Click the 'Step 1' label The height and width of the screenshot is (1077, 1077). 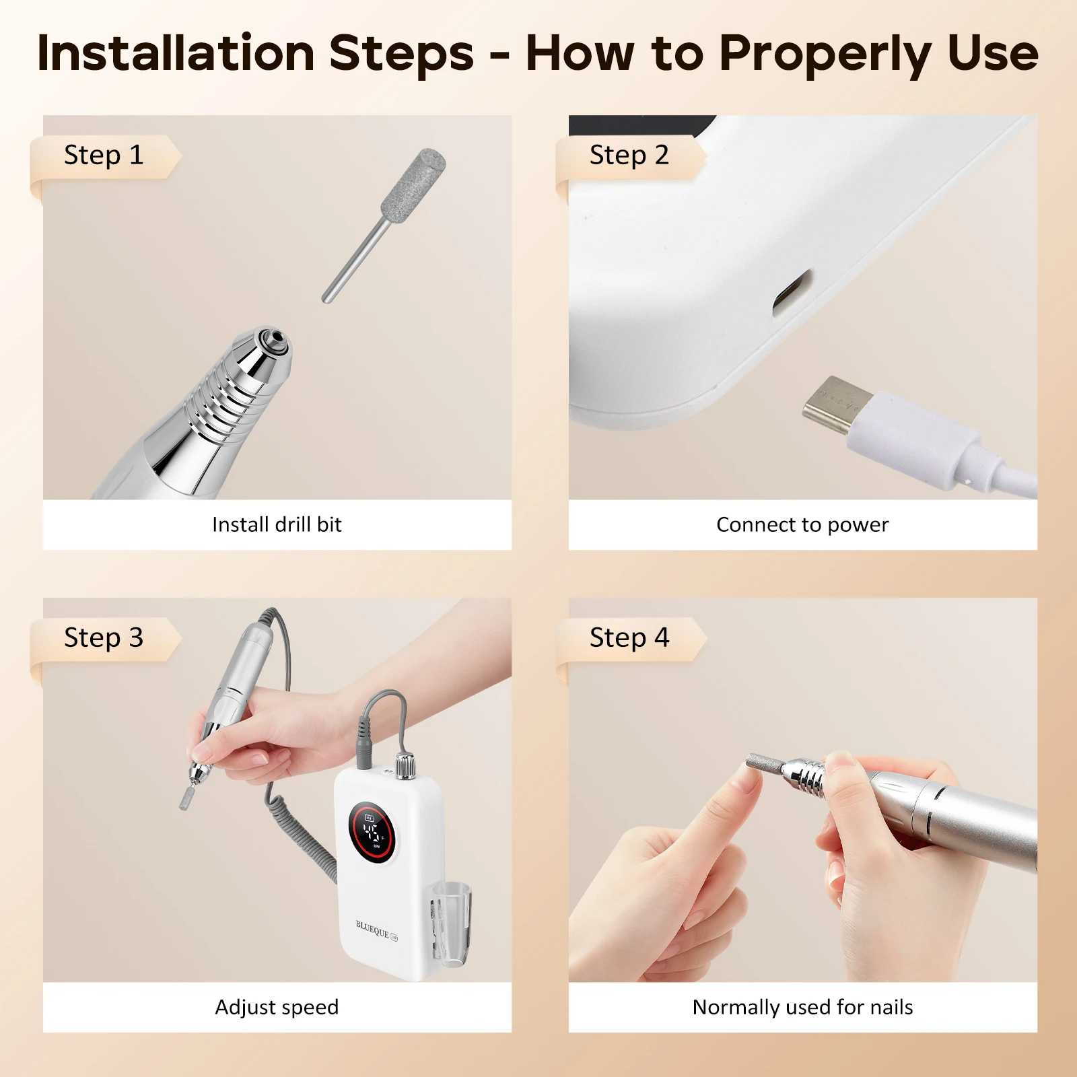tap(104, 155)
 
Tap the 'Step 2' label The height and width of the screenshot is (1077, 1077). tap(629, 155)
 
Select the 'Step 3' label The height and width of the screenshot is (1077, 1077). tap(104, 637)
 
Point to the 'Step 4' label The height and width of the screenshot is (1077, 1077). tap(629, 637)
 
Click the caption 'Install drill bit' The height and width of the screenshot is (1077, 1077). tap(277, 524)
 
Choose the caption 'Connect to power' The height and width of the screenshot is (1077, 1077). tap(802, 524)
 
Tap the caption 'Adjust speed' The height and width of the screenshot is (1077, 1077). tap(277, 1007)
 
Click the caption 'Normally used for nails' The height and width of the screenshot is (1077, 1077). tap(802, 1007)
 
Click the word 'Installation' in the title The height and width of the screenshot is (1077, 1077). tap(176, 53)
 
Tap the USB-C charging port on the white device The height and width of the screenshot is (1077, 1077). tap(791, 291)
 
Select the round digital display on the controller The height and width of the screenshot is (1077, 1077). tap(371, 833)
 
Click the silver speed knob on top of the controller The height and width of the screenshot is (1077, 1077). tap(405, 766)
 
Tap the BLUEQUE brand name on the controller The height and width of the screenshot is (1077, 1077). tap(372, 929)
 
